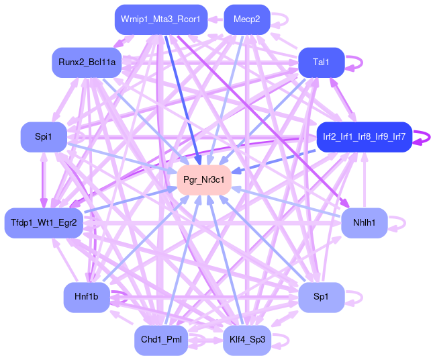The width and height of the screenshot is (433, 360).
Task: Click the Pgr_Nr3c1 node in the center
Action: (204, 180)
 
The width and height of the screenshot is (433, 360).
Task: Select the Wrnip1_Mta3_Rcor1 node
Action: (160, 19)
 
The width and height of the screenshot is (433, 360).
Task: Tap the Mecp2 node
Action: (247, 19)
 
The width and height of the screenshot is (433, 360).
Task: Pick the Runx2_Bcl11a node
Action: (87, 62)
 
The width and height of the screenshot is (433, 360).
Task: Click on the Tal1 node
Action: (322, 62)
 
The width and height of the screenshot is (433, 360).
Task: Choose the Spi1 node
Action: (43, 136)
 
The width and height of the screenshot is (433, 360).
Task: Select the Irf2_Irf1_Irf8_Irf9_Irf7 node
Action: (364, 136)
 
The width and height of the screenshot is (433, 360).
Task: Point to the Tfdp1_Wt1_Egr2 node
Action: (44, 222)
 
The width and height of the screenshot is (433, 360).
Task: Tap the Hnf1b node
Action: (87, 297)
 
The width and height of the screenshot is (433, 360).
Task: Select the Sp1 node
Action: (322, 297)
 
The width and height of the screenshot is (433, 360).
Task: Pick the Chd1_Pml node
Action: (160, 340)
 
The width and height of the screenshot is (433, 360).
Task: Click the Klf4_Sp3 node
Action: (247, 340)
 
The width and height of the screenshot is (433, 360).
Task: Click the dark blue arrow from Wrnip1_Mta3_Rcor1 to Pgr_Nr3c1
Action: (181, 94)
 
